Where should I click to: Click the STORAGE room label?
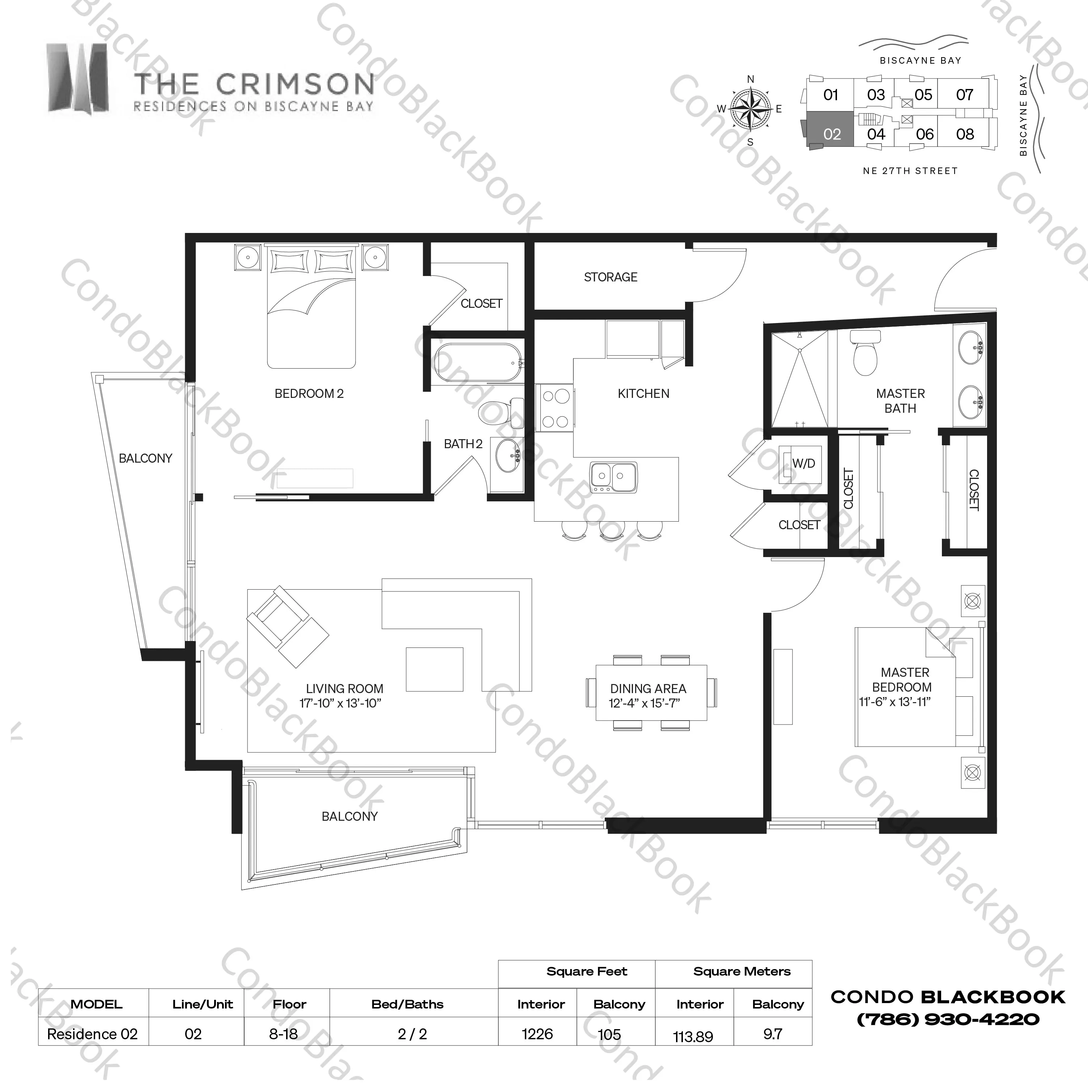pos(611,277)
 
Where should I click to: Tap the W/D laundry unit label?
pos(804,463)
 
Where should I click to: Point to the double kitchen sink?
pos(614,477)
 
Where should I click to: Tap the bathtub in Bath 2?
pos(479,363)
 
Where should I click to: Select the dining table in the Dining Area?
pos(651,692)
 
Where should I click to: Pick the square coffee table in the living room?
pos(435,669)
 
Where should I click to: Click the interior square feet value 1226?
pos(537,1034)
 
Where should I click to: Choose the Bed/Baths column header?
pos(407,1004)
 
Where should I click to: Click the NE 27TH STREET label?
pos(910,171)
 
